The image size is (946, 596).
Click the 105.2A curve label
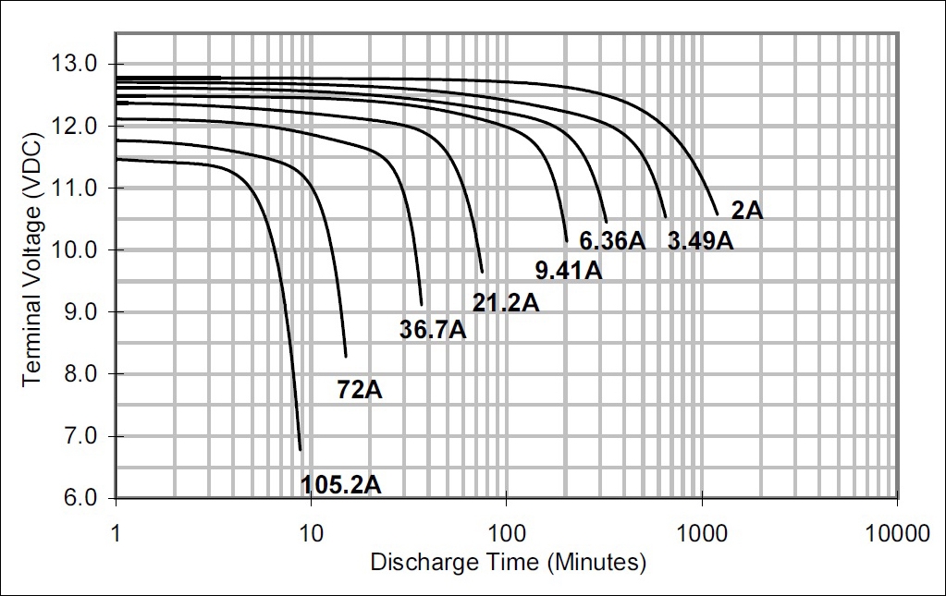click(340, 483)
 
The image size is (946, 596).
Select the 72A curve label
click(359, 389)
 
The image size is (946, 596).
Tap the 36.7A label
click(432, 329)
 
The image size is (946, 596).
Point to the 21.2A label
click(505, 301)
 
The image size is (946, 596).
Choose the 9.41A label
click(569, 271)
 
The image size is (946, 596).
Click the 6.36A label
click(611, 241)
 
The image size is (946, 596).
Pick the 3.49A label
click(700, 241)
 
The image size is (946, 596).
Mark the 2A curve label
click(746, 211)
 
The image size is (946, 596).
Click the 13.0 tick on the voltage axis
click(77, 64)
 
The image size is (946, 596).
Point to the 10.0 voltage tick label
click(77, 249)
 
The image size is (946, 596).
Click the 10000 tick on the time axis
click(897, 533)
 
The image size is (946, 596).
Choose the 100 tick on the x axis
click(506, 533)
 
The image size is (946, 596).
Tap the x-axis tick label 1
click(116, 533)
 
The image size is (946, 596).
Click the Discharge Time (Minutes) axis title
click(508, 562)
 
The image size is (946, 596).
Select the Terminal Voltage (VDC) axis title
click(32, 280)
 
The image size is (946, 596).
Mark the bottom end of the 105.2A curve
click(301, 450)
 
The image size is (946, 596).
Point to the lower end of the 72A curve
click(346, 356)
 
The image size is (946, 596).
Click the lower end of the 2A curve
click(718, 214)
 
